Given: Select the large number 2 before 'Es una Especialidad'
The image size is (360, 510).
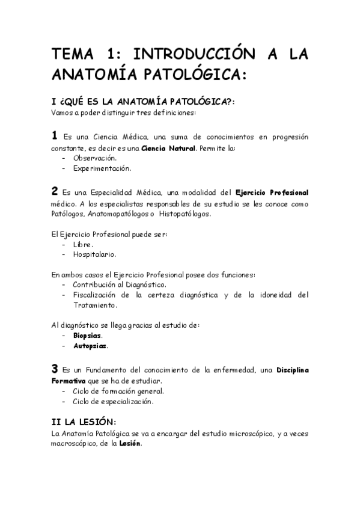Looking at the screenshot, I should (x=55, y=191).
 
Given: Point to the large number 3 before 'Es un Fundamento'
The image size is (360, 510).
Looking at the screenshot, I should (x=55, y=368).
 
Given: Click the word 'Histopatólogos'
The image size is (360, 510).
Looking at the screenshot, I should (x=185, y=214).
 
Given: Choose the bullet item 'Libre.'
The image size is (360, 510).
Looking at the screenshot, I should (x=83, y=244).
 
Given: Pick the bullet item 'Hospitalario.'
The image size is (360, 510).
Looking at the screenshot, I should (x=95, y=254).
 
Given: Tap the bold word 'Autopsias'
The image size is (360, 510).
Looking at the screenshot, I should (x=90, y=346).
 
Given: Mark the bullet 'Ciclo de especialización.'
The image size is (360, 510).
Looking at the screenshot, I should (x=113, y=401).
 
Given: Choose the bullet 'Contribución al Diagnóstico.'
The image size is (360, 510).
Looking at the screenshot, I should (x=120, y=284).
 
